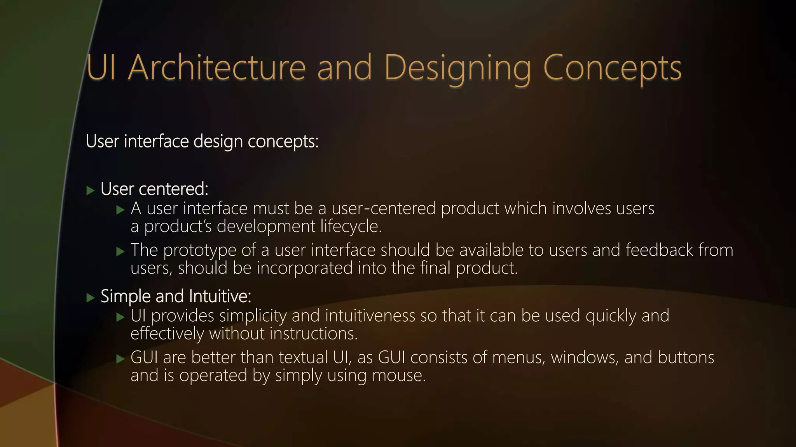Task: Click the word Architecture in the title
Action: [217, 68]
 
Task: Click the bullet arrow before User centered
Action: [91, 191]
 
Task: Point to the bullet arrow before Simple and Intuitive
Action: [91, 298]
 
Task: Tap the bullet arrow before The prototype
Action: [120, 251]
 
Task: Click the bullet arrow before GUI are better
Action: [120, 359]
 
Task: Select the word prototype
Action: [199, 251]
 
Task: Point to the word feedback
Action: [659, 250]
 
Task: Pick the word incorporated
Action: [304, 268]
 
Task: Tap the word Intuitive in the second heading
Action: [220, 296]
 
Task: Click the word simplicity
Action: [253, 316]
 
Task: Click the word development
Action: [266, 226]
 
